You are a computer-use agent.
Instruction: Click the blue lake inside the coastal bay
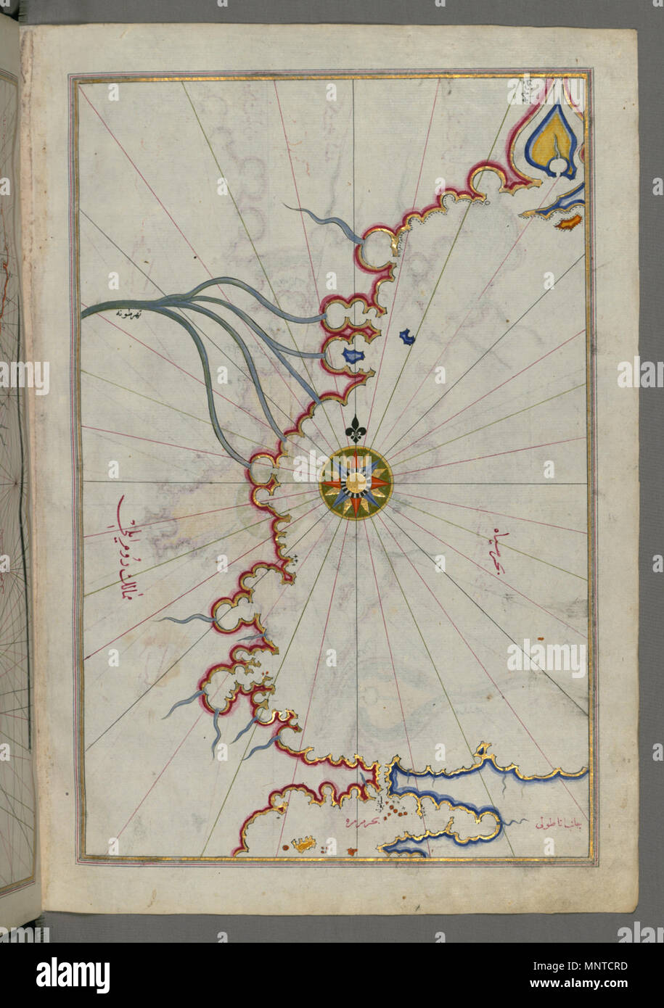(353, 357)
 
